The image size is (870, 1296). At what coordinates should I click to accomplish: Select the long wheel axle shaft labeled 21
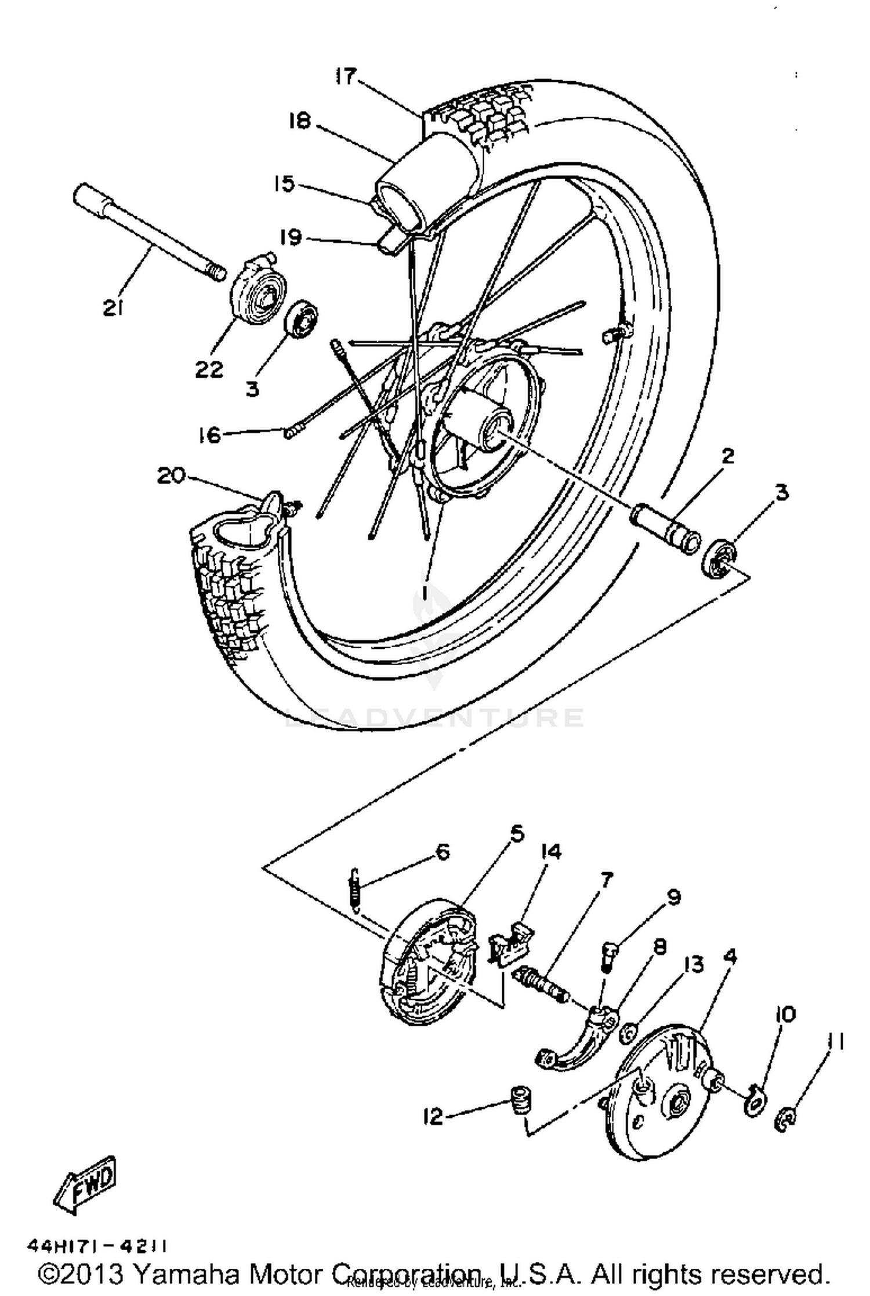145,232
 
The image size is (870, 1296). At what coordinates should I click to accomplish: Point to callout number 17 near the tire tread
346,76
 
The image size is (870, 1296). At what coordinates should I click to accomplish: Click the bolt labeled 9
607,956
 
